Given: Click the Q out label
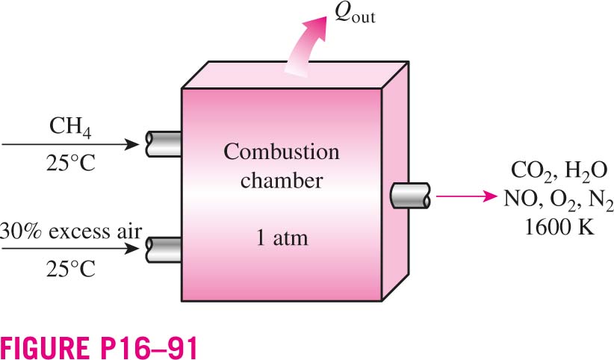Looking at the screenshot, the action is pyautogui.click(x=355, y=15).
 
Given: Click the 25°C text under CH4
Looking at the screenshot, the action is pyautogui.click(x=71, y=163).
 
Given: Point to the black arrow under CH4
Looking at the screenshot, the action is pyautogui.click(x=70, y=145).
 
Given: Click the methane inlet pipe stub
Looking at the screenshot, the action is pyautogui.click(x=164, y=144).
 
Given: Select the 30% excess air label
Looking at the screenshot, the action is pyautogui.click(x=70, y=231).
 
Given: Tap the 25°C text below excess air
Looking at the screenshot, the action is pyautogui.click(x=71, y=269).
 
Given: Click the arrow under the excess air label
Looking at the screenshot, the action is pyautogui.click(x=70, y=249).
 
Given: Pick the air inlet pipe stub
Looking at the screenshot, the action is pyautogui.click(x=164, y=250).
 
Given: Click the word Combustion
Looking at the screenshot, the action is pyautogui.click(x=282, y=152).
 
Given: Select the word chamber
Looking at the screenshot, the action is pyautogui.click(x=282, y=180).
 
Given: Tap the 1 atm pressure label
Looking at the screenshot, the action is pyautogui.click(x=282, y=238).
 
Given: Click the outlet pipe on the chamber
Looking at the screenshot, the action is pyautogui.click(x=410, y=196).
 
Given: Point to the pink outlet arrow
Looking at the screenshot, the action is pyautogui.click(x=466, y=196).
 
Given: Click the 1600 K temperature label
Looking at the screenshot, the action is pyautogui.click(x=559, y=227).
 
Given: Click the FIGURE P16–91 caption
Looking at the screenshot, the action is pyautogui.click(x=99, y=347).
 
